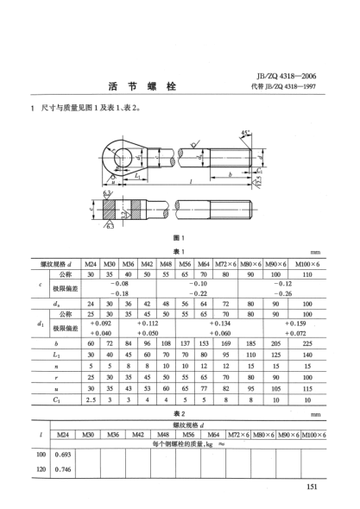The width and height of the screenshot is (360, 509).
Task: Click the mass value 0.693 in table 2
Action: tap(61, 453)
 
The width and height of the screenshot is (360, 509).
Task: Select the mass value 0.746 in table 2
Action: tap(61, 469)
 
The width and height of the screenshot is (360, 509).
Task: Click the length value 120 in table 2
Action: tap(40, 469)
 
